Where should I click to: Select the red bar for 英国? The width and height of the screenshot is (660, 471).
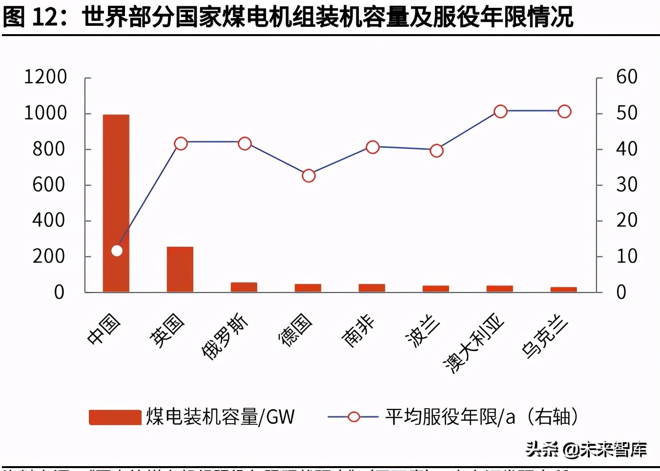(180, 269)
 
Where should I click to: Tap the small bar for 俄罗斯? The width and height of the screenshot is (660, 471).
(244, 287)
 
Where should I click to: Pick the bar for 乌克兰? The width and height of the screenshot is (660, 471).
(563, 290)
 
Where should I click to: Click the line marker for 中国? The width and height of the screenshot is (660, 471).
(117, 251)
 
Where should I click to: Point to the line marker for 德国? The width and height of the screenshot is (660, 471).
(309, 176)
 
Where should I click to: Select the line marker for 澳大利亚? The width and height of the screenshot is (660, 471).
(500, 112)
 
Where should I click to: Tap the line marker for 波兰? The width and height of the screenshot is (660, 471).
(436, 151)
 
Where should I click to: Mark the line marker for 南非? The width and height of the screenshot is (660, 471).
(372, 147)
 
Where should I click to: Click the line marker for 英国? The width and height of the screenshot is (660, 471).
(181, 143)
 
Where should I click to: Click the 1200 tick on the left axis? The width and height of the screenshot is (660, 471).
(45, 77)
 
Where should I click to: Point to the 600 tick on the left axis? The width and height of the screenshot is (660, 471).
(48, 185)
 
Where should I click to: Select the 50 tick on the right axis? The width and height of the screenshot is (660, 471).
(626, 113)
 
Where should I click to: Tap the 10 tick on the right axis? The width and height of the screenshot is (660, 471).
(626, 256)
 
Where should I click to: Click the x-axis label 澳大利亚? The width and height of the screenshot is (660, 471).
(473, 344)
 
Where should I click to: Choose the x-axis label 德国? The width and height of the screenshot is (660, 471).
(295, 330)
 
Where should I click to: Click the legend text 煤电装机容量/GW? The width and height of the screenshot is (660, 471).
(220, 417)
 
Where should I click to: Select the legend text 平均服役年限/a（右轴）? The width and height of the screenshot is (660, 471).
(481, 417)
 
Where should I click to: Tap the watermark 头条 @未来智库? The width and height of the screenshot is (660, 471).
(586, 449)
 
